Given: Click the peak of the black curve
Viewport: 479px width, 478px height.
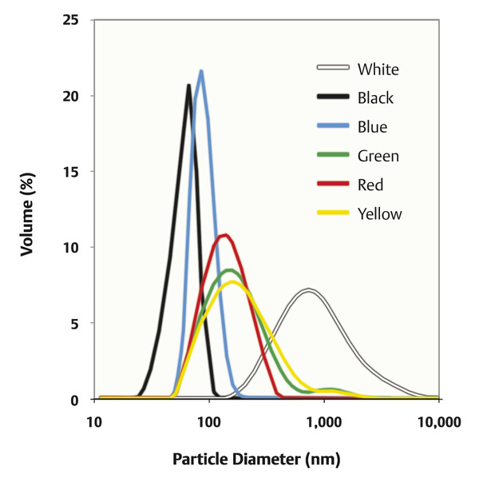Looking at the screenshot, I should pos(188,85).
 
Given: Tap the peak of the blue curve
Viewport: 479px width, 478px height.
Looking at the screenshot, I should pos(201,71).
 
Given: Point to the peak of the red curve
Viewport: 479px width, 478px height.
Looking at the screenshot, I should pos(225,235).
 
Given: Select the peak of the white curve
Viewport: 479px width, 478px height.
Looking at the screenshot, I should pos(308,290).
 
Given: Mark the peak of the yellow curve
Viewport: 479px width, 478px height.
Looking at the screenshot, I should pos(232,281).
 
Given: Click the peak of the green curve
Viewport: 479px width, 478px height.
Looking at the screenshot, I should pos(230,270).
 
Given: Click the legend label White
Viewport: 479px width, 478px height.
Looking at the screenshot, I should pos(378,69).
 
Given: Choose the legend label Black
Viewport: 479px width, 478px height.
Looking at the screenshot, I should pos(376,98).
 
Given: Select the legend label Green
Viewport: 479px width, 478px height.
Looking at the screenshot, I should pos(378,156).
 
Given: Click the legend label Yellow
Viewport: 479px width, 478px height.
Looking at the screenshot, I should pos(380,213).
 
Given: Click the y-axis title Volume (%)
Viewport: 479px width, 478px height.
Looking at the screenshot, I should pos(26,209).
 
